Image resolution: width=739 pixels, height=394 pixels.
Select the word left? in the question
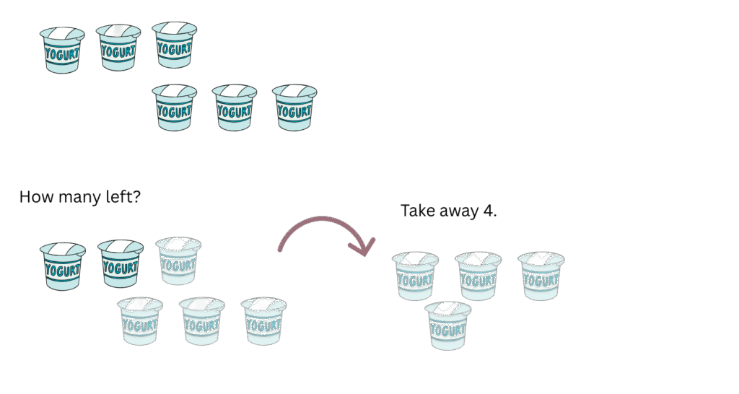(x=120, y=196)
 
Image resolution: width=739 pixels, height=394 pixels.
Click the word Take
(x=418, y=211)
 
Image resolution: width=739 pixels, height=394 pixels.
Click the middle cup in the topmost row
(x=118, y=48)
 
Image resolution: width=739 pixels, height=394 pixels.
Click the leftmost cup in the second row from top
(x=175, y=108)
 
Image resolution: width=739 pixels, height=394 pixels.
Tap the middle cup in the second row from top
(x=234, y=108)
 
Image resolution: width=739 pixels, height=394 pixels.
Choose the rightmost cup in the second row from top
(x=294, y=108)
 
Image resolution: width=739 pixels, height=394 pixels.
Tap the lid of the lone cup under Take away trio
(x=447, y=310)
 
